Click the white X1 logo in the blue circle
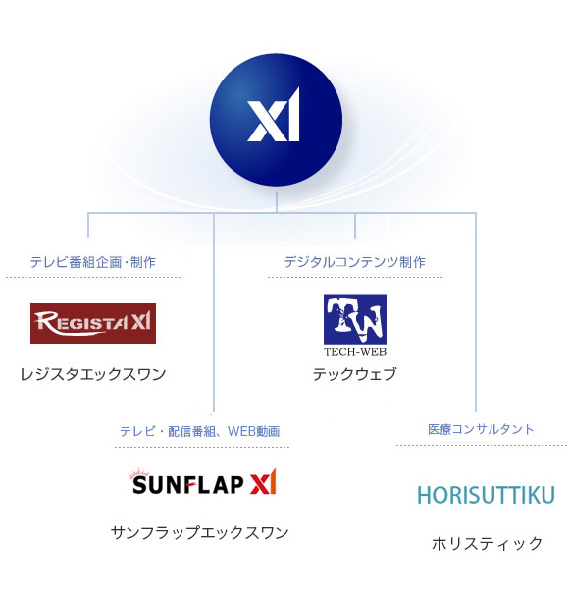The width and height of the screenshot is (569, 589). click(274, 115)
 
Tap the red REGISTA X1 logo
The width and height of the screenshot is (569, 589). click(93, 323)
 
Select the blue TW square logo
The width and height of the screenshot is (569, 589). click(355, 319)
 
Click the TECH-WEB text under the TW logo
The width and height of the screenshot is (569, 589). click(355, 352)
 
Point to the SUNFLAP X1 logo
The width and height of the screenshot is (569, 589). click(203, 482)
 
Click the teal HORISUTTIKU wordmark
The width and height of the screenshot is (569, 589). click(486, 495)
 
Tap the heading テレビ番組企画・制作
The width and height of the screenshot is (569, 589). click(92, 262)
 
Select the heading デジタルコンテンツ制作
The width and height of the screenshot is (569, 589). click(355, 262)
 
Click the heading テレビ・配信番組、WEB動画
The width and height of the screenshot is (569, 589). click(200, 431)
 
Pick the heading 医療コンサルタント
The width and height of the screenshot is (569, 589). click(481, 429)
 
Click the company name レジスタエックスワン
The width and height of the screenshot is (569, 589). click(93, 374)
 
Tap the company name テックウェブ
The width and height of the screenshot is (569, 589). click(355, 374)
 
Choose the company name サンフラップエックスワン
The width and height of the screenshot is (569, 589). click(200, 533)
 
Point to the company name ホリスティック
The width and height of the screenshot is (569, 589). click(488, 543)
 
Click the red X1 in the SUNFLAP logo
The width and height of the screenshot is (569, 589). click(264, 482)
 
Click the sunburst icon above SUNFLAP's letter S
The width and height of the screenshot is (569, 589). click(139, 473)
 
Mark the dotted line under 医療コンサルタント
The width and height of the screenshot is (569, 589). click(482, 445)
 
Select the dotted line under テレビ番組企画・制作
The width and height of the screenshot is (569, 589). click(93, 277)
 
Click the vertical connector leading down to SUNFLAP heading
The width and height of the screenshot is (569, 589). click(214, 312)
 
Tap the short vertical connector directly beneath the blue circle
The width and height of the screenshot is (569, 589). click(277, 203)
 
